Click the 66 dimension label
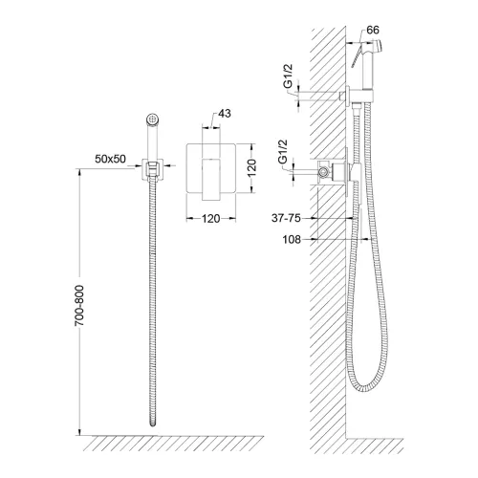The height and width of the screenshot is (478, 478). click(373, 30)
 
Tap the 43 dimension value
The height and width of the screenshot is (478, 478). click(225, 113)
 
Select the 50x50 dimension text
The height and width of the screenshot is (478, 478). click(110, 159)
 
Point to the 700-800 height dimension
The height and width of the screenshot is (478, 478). click(79, 306)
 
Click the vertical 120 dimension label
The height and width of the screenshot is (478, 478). click(251, 167)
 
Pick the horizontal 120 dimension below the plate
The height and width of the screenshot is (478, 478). click(211, 219)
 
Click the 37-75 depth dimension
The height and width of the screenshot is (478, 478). click(286, 218)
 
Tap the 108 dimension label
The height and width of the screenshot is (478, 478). click(292, 239)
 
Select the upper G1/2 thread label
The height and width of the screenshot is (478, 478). click(288, 76)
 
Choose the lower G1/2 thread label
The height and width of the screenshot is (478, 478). click(283, 152)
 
